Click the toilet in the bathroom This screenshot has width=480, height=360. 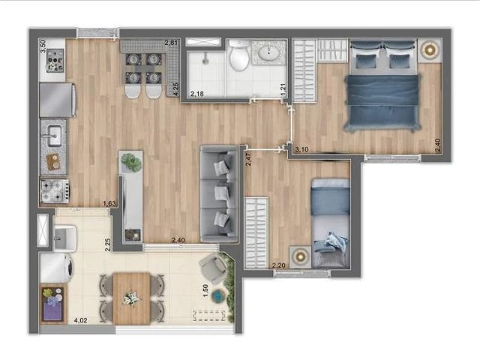[239, 57]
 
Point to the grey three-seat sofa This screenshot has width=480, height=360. [218, 193]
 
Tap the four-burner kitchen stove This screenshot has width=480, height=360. [54, 192]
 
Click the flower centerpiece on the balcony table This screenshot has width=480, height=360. [132, 298]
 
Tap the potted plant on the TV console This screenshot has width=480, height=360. [132, 161]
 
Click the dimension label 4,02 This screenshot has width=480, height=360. [79, 320]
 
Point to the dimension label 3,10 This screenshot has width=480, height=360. [302, 150]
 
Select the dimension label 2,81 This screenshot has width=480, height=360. [171, 42]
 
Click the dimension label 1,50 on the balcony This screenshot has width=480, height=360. [207, 291]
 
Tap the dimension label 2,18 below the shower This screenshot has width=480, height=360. [197, 94]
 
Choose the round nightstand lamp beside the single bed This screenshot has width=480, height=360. [300, 256]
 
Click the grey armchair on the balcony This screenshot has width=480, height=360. [214, 268]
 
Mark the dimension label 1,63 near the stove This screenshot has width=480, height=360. [109, 203]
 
